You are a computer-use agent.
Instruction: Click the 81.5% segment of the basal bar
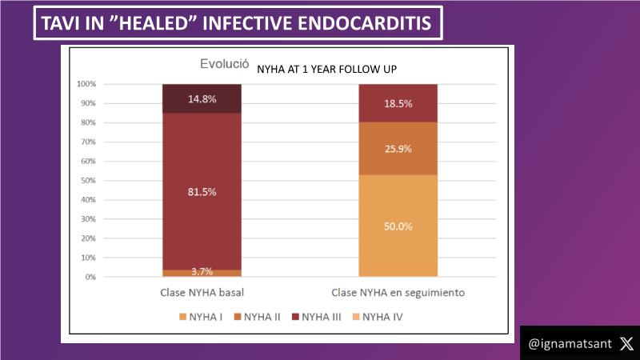[202, 192]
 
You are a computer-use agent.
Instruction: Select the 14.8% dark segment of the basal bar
[202, 98]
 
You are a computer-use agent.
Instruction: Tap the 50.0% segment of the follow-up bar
[398, 226]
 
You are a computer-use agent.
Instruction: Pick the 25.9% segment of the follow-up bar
[398, 149]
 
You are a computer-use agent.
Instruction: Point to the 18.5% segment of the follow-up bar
[398, 103]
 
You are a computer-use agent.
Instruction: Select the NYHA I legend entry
[208, 318]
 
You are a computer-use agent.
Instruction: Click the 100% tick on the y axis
[86, 84]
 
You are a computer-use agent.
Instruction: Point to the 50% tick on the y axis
[88, 181]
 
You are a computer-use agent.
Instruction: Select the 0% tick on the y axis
[90, 277]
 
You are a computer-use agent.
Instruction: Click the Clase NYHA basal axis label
[202, 292]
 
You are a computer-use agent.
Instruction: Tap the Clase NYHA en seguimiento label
[398, 292]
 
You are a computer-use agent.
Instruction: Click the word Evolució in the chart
[224, 65]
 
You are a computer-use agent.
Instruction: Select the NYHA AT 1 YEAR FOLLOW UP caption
[327, 70]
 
